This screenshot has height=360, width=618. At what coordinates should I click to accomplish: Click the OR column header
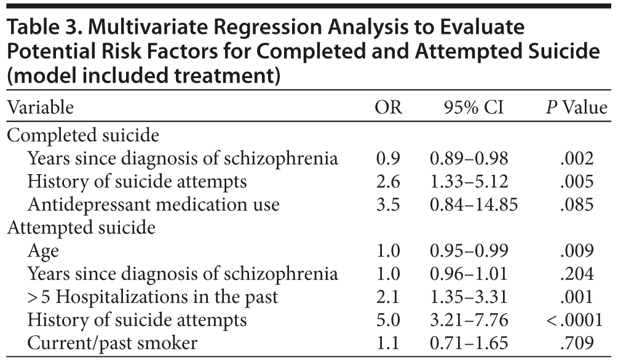388,108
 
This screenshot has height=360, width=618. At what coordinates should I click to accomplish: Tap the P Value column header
576,108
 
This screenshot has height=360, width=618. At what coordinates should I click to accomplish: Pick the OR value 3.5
388,204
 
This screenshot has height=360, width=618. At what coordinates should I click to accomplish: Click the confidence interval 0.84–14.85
473,204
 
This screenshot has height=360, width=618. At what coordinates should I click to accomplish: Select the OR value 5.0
388,320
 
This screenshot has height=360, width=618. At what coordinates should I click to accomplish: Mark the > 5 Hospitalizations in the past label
153,297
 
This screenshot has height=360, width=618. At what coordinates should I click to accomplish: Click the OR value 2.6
388,182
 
